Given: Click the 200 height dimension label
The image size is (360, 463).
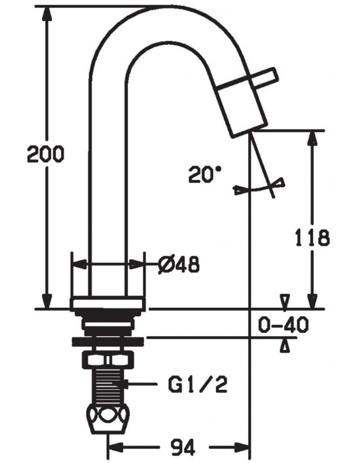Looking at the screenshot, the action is point(46,154).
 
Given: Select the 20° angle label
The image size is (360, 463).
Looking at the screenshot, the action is point(204,174).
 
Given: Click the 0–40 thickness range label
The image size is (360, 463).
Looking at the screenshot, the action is point(283,325).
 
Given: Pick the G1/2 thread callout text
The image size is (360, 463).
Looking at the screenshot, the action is point(198,384).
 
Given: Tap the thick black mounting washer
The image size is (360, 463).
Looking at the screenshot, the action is point(108,341).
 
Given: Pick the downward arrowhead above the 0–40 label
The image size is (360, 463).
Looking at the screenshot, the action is point(285,302).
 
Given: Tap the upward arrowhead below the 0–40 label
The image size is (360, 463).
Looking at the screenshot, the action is point(285,345).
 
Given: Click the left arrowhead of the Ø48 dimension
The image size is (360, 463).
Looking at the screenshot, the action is point(79,264).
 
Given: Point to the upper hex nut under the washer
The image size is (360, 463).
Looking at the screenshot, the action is point(108,359).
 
